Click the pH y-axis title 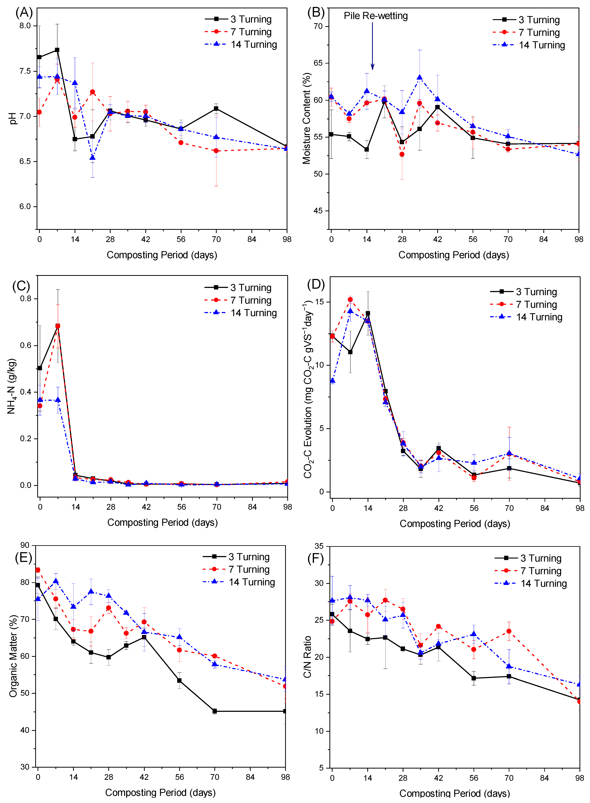(x=13, y=118)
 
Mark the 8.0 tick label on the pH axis (x=25, y=26)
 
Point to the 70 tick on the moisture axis (x=318, y=26)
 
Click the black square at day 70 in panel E (x=215, y=711)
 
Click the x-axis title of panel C (x=162, y=523)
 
